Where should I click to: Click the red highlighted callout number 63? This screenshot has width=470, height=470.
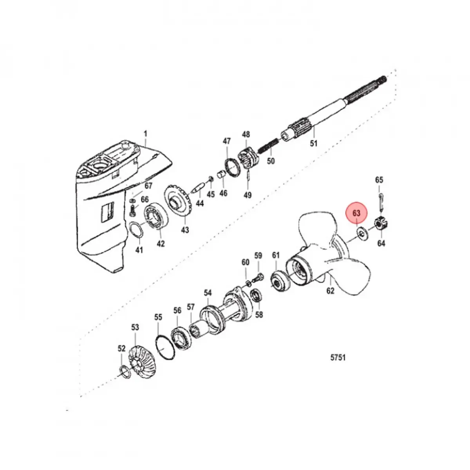[x=356, y=213]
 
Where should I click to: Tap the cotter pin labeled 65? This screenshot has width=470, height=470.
[x=381, y=199]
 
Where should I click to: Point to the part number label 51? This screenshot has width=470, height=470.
[x=313, y=143]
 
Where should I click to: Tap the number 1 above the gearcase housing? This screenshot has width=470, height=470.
[x=145, y=134]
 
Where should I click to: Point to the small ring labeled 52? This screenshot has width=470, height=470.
[x=124, y=371]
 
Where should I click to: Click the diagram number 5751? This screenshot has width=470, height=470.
[x=337, y=358]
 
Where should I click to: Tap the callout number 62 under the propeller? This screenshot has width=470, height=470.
[x=330, y=291]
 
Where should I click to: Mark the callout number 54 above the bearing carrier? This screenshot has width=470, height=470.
[x=207, y=293]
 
